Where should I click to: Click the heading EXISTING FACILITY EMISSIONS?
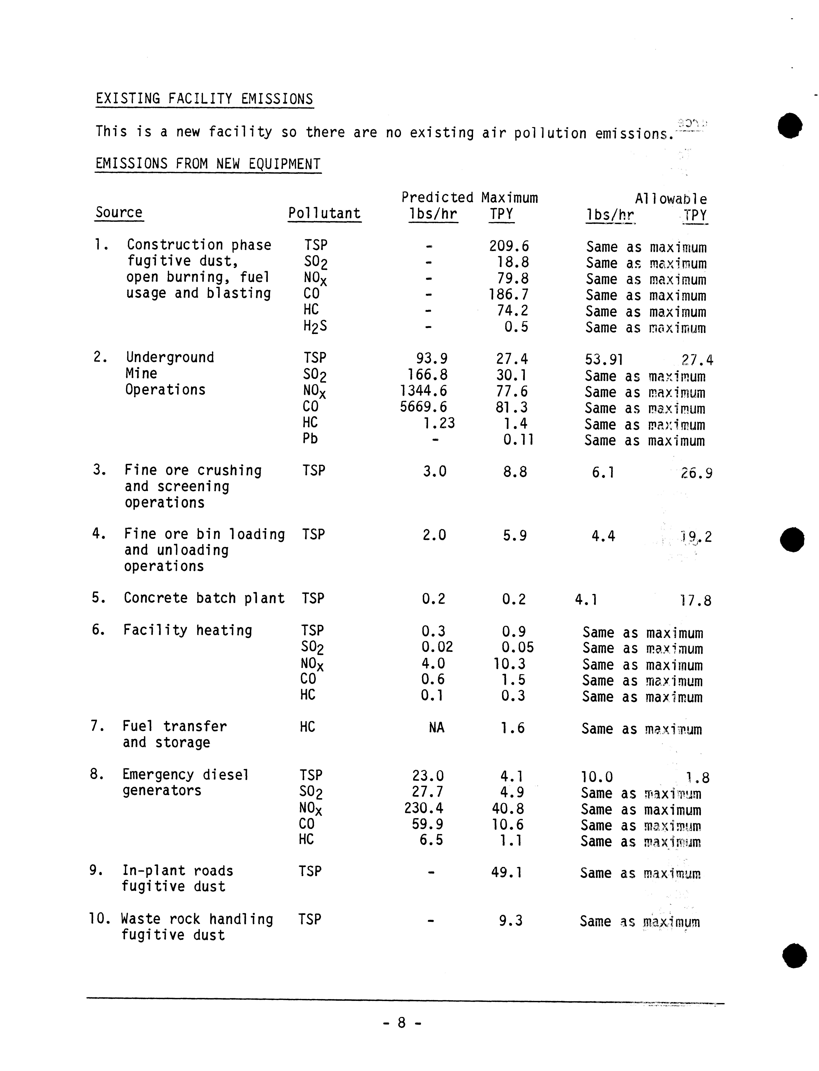coord(204,99)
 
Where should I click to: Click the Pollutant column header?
coord(324,214)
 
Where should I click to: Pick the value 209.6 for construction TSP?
coord(509,246)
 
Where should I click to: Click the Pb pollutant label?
coord(310,439)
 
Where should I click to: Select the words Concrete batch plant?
coord(204,598)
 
